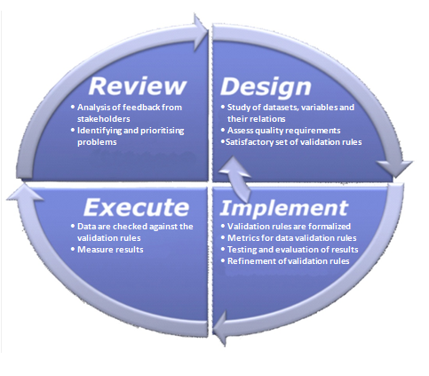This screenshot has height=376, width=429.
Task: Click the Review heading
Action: [x=138, y=86]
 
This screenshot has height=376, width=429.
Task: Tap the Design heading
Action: [x=266, y=87]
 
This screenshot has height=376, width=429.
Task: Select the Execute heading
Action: [x=137, y=207]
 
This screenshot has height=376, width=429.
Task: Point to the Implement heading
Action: [x=284, y=208]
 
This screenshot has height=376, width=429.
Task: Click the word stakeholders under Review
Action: [x=104, y=119]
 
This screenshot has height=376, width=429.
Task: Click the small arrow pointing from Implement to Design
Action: [x=237, y=178]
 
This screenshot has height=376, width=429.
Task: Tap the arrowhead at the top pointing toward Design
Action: [x=201, y=33]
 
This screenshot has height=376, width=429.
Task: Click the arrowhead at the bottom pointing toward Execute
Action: [x=220, y=328]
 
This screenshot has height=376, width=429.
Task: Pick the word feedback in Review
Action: [x=141, y=108]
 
